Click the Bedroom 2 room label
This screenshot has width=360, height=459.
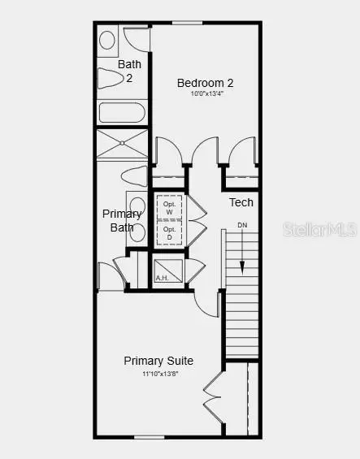[206, 82]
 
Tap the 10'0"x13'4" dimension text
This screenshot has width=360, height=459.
[206, 93]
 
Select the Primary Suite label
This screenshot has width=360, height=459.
[158, 360]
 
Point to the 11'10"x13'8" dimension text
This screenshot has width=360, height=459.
[158, 373]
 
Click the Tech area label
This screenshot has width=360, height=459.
[241, 202]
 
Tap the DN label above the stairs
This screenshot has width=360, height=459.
[242, 225]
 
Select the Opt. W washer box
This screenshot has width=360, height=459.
[169, 207]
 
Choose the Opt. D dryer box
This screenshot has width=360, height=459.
[169, 233]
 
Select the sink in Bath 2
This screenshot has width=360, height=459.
[106, 39]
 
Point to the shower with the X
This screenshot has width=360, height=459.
[122, 143]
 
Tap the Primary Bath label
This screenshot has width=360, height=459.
[122, 220]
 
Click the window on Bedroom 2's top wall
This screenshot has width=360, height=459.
[188, 23]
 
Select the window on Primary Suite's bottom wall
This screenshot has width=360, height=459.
[150, 438]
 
